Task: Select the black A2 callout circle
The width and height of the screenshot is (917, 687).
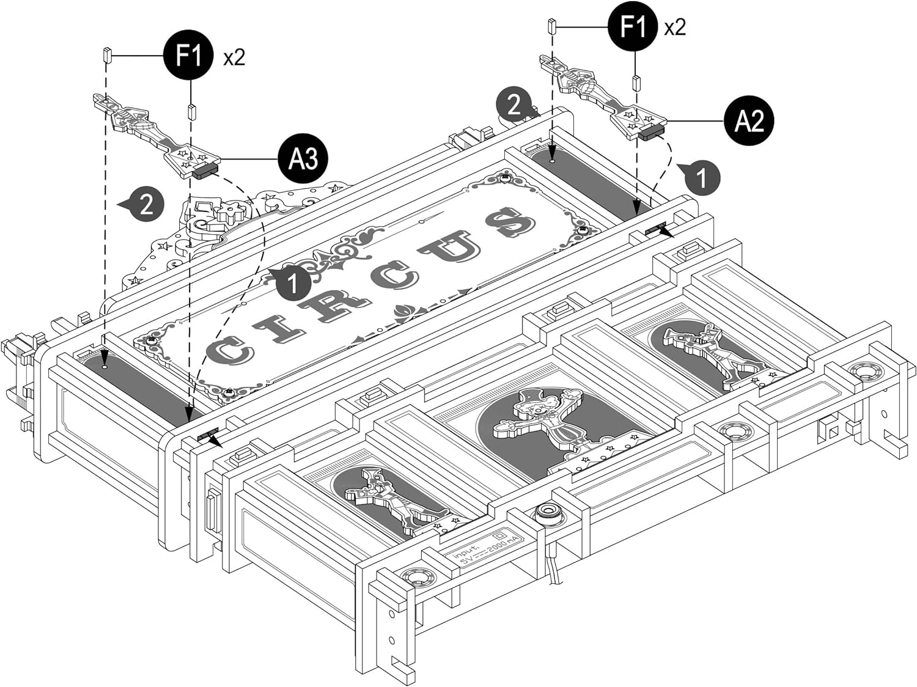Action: click(749, 121)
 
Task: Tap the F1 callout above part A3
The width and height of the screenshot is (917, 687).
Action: click(188, 56)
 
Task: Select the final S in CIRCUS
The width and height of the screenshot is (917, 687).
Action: click(512, 222)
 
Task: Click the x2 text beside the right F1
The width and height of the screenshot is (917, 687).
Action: click(675, 28)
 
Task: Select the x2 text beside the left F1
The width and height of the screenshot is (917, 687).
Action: click(234, 57)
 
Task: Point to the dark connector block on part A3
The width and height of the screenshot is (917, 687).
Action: click(205, 171)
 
